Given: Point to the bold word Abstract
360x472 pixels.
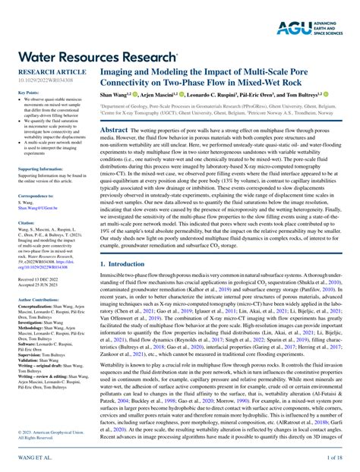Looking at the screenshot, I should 113,131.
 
